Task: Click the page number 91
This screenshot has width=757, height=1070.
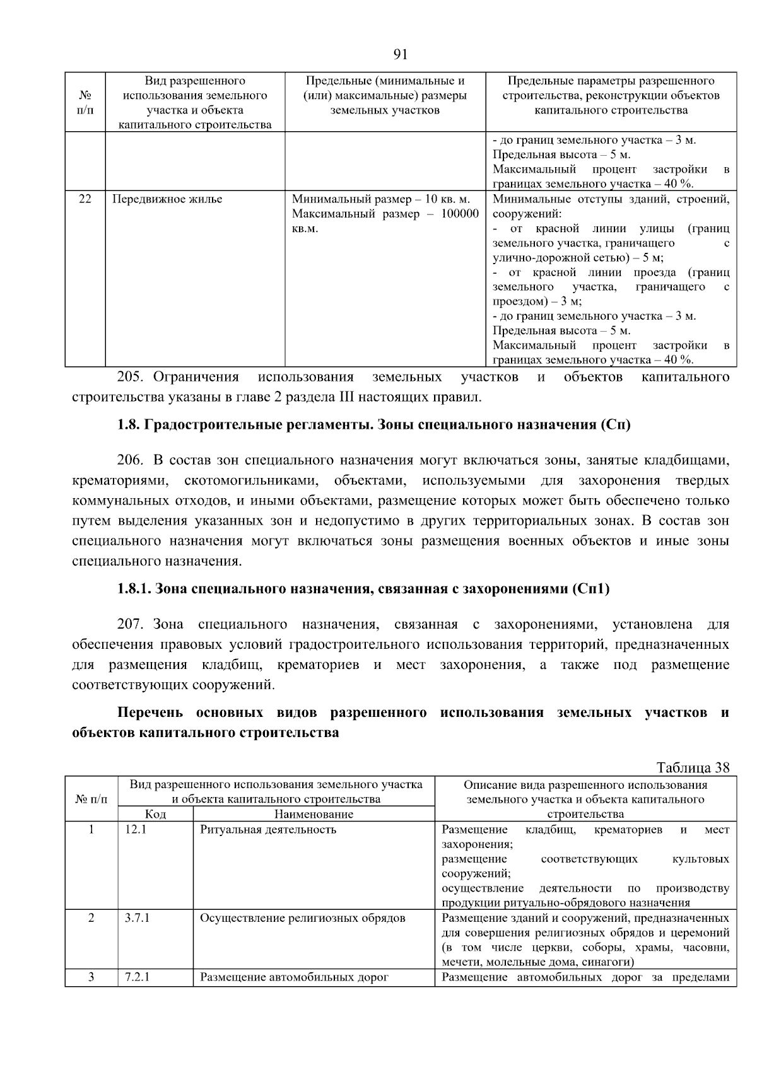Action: click(401, 54)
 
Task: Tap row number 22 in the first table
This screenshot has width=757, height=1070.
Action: click(85, 199)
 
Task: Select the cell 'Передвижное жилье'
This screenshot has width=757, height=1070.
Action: click(167, 199)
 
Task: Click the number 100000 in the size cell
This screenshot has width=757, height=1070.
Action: click(459, 214)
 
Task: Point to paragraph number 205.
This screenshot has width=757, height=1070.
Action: click(131, 377)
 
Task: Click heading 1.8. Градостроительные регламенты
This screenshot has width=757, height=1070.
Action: click(374, 424)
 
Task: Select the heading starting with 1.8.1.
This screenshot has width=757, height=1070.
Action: click(363, 589)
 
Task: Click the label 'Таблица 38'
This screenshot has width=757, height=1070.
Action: click(693, 767)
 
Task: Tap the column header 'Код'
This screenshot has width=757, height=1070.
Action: click(155, 814)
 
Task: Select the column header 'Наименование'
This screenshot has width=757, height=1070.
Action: click(314, 814)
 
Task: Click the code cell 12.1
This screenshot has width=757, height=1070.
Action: click(136, 829)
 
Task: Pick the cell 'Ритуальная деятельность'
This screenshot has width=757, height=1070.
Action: click(268, 829)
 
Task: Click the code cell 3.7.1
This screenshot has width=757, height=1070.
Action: click(138, 918)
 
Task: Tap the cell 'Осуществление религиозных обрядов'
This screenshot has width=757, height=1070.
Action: click(302, 918)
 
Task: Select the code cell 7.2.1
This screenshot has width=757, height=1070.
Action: click(138, 977)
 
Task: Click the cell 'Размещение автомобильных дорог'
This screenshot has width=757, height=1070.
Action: click(294, 977)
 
